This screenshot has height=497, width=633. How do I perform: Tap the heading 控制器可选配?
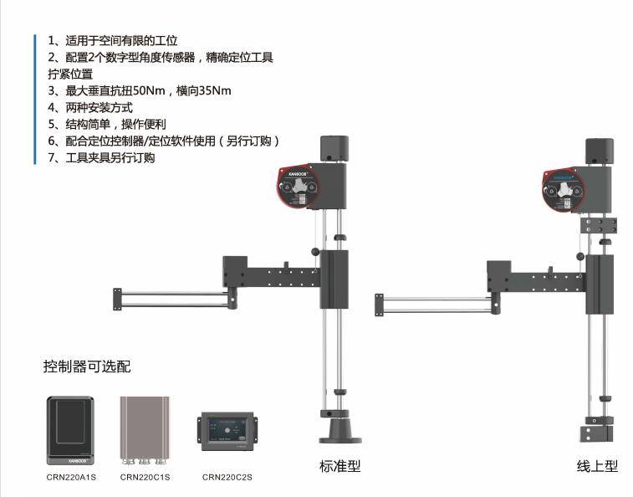tap(87, 366)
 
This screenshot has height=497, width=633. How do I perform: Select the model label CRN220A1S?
tap(69, 478)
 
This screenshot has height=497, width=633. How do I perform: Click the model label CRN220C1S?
tap(145, 478)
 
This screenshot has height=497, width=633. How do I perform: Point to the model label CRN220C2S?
tap(227, 478)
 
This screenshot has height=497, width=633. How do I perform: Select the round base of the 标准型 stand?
tap(339, 432)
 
